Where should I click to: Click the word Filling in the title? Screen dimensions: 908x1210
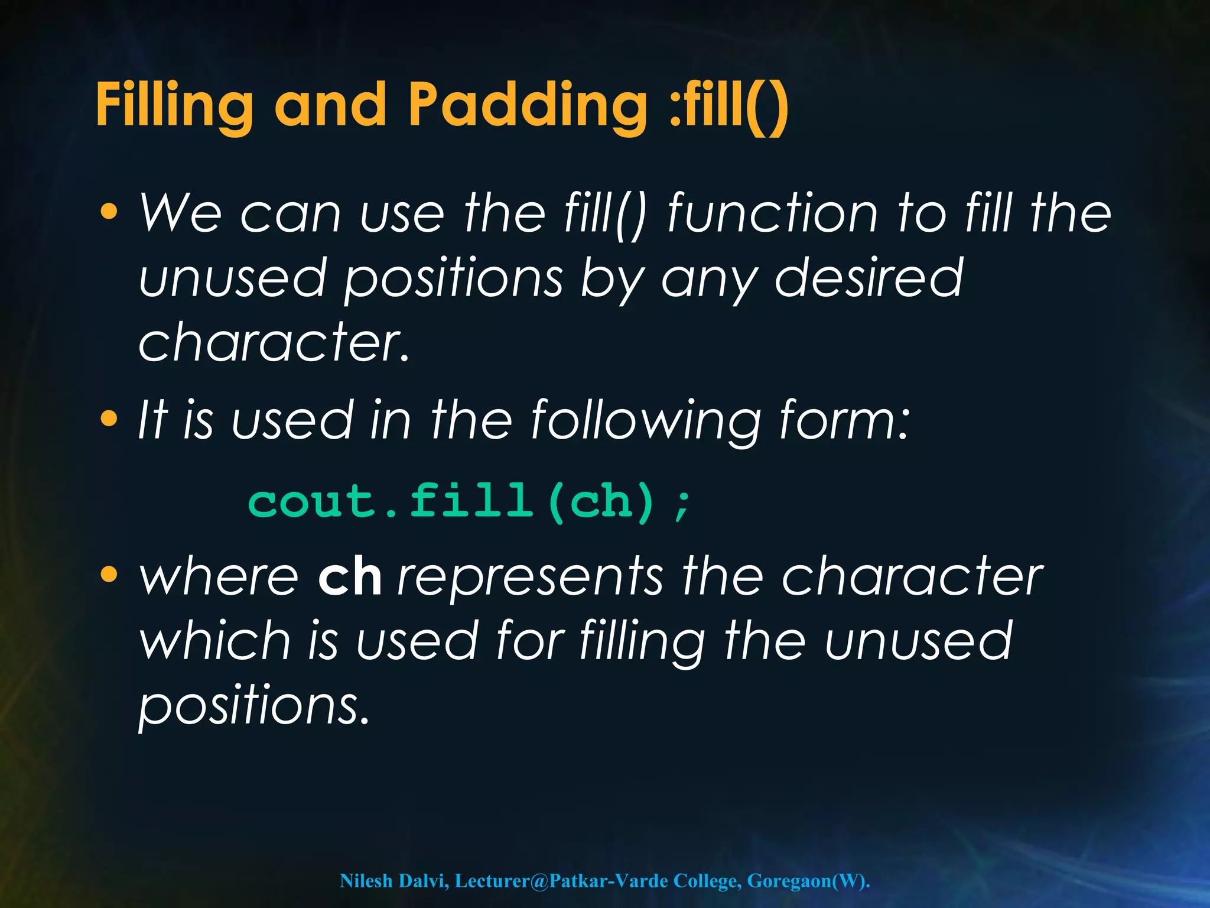[x=174, y=105]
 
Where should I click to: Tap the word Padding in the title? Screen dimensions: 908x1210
[x=528, y=105]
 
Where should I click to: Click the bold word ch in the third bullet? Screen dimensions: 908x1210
[x=349, y=578]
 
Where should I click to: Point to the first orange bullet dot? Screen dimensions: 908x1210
[x=109, y=212]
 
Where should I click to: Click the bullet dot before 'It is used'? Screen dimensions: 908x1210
[x=109, y=419]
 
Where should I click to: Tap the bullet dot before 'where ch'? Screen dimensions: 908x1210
[x=109, y=574]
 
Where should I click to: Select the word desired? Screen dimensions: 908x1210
[x=869, y=278]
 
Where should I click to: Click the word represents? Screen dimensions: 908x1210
[x=530, y=578]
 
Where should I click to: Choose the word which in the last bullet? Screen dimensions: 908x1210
[x=215, y=641]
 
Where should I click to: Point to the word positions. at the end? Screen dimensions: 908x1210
[x=254, y=706]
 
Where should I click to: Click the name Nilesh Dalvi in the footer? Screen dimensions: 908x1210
[x=393, y=881]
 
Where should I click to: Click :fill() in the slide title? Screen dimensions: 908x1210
[x=728, y=105]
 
